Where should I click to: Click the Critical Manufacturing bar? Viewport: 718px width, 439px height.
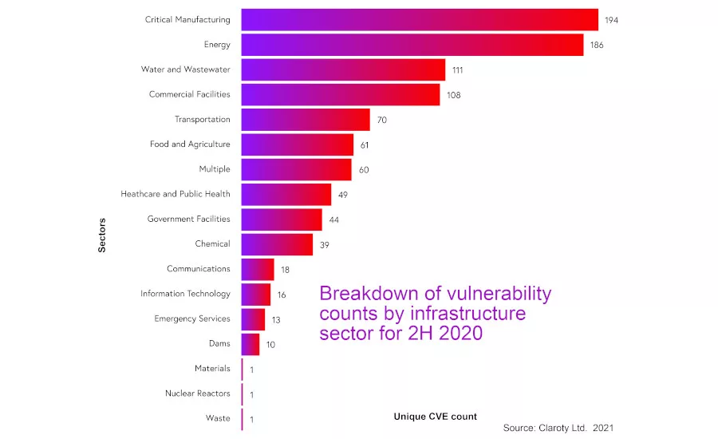coord(420,20)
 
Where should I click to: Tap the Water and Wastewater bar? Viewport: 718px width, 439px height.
coord(343,69)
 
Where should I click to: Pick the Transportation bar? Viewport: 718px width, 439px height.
coord(306,120)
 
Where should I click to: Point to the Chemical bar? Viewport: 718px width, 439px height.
coord(277,244)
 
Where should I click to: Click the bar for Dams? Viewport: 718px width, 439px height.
coord(251,344)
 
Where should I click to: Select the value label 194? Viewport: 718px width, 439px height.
coord(612,20)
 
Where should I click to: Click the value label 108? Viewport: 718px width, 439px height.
coord(454,95)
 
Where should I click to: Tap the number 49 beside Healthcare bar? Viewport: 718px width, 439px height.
coord(343,195)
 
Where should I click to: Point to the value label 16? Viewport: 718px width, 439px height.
coord(282,295)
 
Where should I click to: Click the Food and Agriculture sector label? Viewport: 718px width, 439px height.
coord(190,144)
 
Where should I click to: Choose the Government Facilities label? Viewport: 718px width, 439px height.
coord(188,219)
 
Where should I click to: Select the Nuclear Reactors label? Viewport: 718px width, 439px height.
coord(197,394)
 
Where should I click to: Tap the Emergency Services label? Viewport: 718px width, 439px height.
coord(191,318)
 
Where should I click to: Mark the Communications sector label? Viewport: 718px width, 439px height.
coord(198,269)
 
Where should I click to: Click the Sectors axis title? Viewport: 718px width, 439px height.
coord(102,234)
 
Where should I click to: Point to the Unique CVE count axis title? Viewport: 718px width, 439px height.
coord(436,417)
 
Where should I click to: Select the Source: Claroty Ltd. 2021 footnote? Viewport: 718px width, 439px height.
coord(558,429)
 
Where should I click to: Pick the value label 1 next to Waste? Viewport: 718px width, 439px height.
coord(251,419)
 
